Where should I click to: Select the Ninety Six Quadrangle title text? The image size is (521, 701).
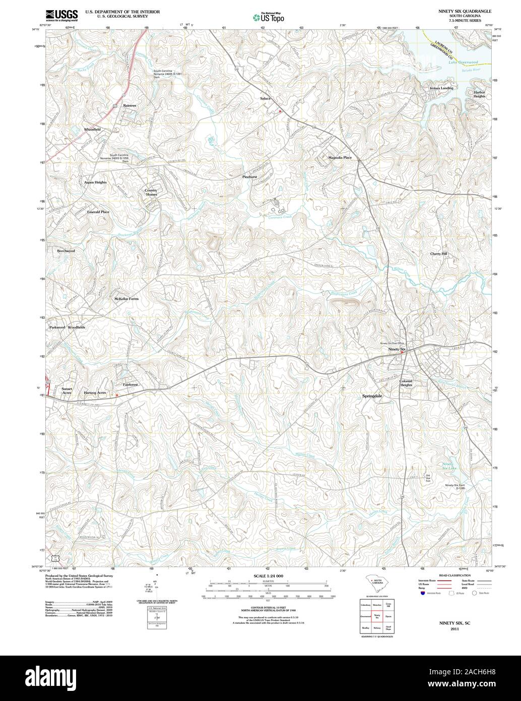click(464, 11)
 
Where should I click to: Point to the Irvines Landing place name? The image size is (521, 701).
click(441, 88)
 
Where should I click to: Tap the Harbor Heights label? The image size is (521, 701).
click(479, 94)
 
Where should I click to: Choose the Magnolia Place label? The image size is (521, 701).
click(340, 157)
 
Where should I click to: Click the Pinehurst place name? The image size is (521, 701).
click(249, 177)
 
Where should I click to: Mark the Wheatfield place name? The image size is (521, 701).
click(92, 130)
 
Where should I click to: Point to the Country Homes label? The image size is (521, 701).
click(151, 192)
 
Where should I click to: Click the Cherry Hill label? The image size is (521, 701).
click(438, 254)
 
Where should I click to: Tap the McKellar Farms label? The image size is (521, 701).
click(126, 299)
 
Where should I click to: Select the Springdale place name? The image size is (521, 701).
click(372, 396)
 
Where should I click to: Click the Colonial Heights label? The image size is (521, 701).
click(406, 383)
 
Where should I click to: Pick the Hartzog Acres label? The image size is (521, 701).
click(95, 392)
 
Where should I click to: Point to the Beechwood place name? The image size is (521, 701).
click(66, 251)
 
